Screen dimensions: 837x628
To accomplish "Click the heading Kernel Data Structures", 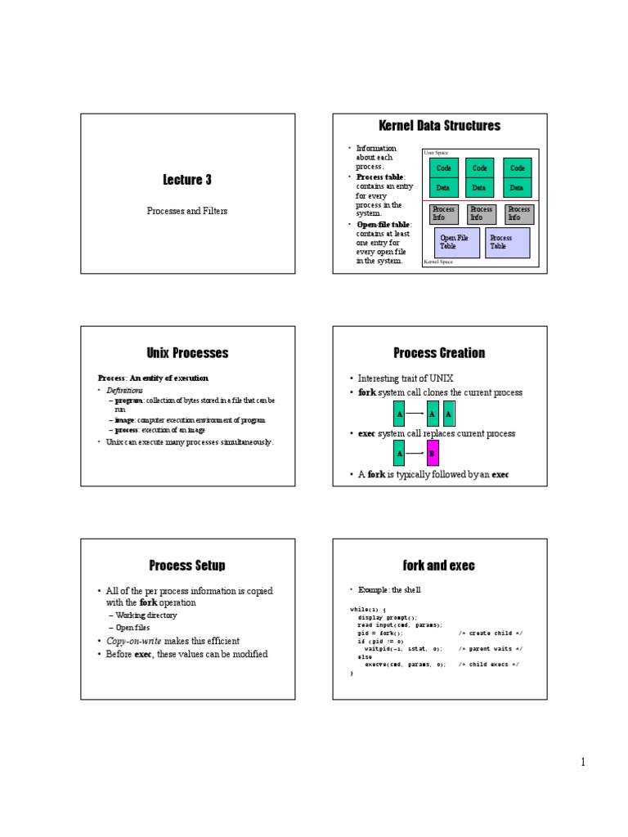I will (x=439, y=125).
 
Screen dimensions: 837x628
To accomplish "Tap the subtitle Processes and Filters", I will (x=187, y=210).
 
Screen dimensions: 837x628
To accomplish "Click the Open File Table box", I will (x=455, y=242).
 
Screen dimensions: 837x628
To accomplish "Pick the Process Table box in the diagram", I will (x=507, y=242).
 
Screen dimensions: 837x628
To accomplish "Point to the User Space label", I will (x=436, y=153).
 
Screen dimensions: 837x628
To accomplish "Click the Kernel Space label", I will (x=438, y=262).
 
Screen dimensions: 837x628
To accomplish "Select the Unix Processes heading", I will (x=187, y=353).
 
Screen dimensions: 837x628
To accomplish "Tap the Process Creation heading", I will (x=439, y=353).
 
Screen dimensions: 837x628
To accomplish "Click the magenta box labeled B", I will (x=433, y=453).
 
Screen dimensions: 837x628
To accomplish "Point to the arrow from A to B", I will (x=415, y=453).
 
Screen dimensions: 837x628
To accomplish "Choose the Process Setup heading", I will (x=187, y=566).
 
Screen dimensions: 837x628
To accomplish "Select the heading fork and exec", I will (x=439, y=566).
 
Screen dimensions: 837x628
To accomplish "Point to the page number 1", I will (x=583, y=763).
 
